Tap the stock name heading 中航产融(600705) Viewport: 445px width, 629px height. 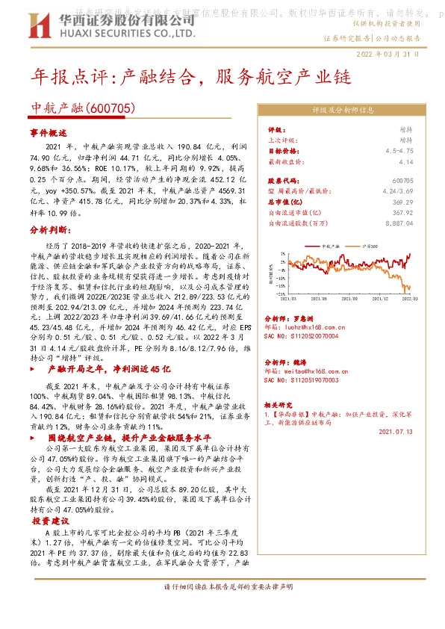point(82,108)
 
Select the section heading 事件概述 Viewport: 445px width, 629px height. point(49,132)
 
